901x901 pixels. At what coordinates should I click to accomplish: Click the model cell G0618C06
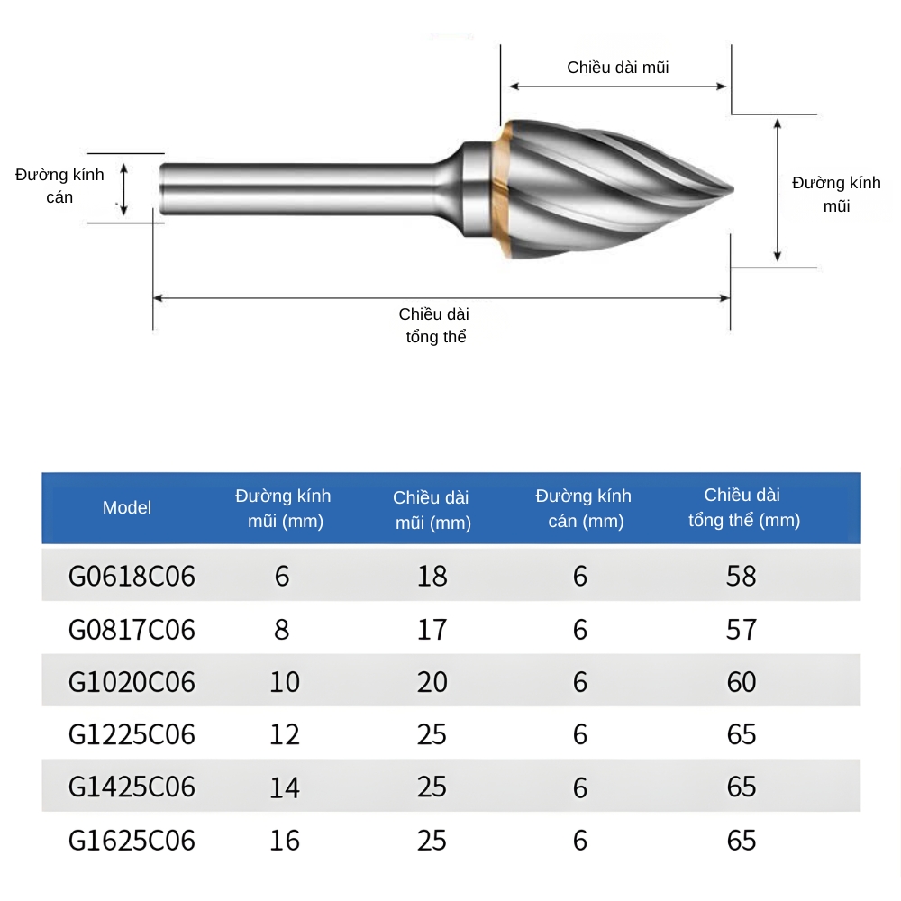click(x=132, y=577)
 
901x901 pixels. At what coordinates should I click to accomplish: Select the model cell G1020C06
click(x=132, y=682)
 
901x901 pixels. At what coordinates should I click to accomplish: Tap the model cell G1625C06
click(x=132, y=841)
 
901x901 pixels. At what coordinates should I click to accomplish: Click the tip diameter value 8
click(x=282, y=629)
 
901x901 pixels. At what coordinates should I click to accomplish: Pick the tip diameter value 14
click(x=285, y=788)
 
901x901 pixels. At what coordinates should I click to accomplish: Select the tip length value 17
click(x=432, y=629)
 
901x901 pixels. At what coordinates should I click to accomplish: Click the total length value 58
click(x=742, y=577)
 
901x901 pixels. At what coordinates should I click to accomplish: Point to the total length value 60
click(x=742, y=682)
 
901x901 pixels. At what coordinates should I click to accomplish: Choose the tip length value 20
click(x=432, y=682)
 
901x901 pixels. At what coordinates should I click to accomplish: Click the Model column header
click(x=127, y=507)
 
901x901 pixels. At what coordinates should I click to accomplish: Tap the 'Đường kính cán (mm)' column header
click(x=583, y=508)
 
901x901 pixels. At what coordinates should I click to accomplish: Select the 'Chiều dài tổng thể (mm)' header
click(x=743, y=507)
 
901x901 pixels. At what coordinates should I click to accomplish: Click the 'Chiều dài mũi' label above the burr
click(x=617, y=68)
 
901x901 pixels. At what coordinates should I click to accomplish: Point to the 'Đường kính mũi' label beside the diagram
click(x=836, y=194)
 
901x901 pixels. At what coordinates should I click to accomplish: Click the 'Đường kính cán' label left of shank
click(x=59, y=185)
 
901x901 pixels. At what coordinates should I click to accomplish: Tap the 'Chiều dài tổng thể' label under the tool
click(x=434, y=325)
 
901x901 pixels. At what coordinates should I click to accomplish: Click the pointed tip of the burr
click(x=730, y=188)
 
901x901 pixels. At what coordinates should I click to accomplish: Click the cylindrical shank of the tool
click(x=297, y=188)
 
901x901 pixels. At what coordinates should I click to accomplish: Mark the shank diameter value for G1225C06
click(x=580, y=735)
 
